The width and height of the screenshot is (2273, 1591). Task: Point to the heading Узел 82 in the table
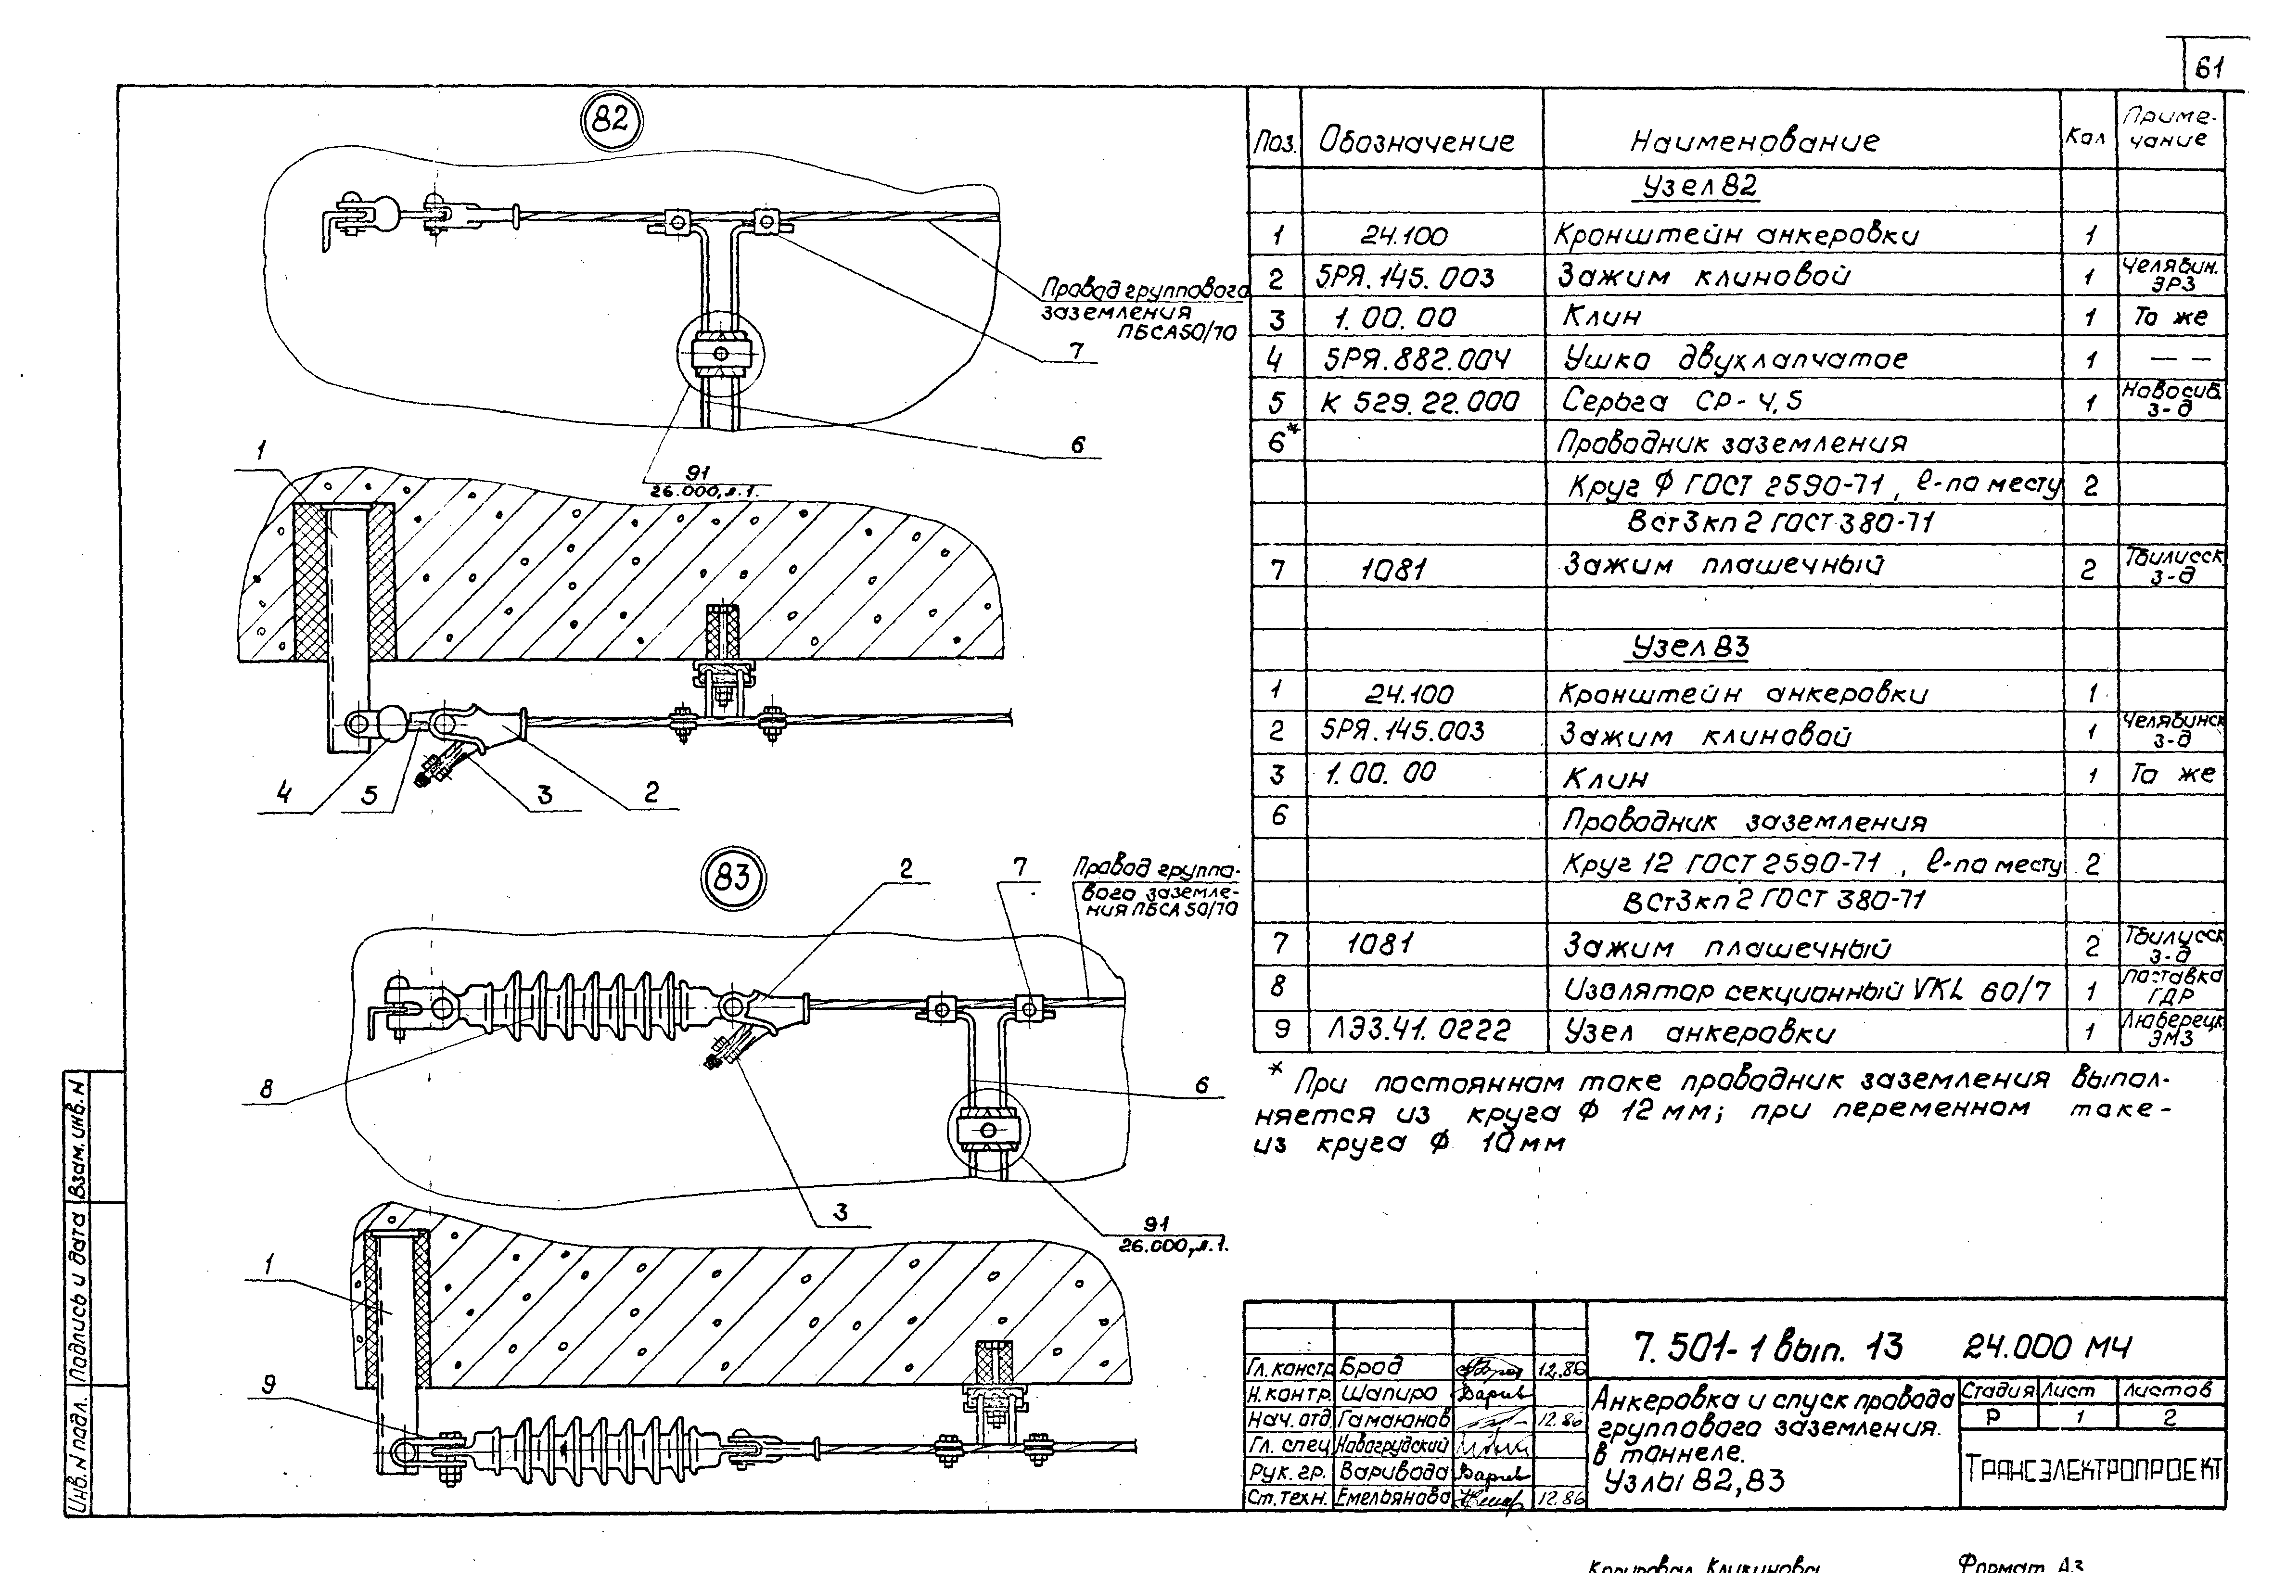[1699, 187]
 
